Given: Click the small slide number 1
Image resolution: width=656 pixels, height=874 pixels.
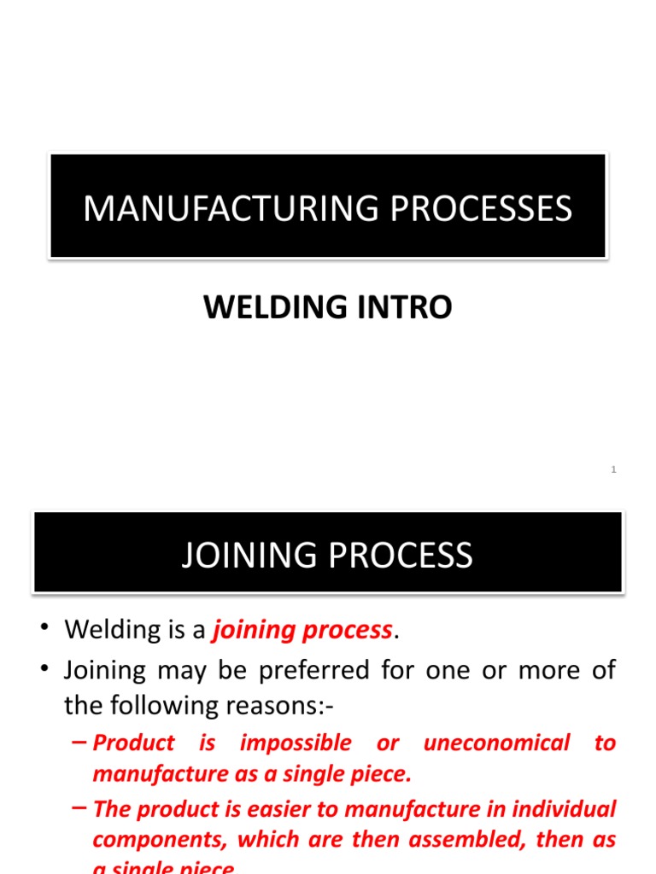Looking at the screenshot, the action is (x=613, y=470).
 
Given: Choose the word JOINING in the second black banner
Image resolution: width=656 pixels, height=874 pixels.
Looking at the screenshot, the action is (x=248, y=556).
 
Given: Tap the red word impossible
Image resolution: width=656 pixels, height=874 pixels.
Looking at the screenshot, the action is (x=296, y=743).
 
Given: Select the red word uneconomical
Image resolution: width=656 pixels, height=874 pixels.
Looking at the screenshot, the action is (x=496, y=743).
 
